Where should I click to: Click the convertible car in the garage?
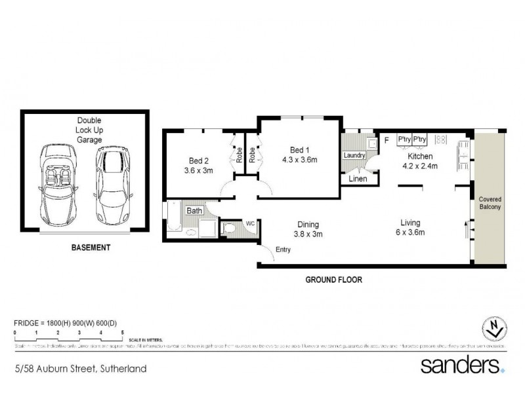pos(60,184)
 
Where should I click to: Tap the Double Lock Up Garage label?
pos(88,130)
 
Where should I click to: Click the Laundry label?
pos(354,155)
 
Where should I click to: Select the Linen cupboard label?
pos(358,179)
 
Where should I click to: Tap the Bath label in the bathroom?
pos(194,211)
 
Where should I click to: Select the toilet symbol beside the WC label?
pos(230,228)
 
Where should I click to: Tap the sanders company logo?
pos(460,365)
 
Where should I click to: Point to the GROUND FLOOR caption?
pos(334,279)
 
